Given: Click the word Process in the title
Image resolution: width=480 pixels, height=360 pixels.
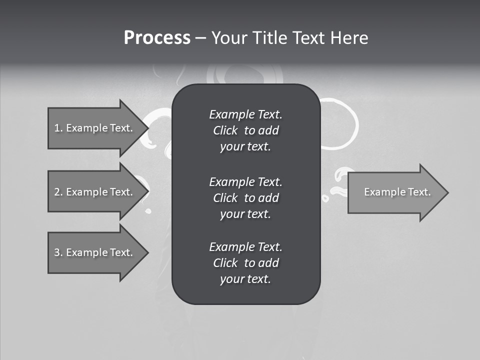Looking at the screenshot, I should pyautogui.click(x=157, y=38).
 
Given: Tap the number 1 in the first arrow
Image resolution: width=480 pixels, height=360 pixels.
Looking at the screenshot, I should pyautogui.click(x=57, y=128).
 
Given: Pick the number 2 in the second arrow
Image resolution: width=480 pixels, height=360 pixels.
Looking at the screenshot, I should pyautogui.click(x=57, y=192).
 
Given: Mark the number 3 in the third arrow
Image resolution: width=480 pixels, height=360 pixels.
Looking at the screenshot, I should pyautogui.click(x=57, y=252).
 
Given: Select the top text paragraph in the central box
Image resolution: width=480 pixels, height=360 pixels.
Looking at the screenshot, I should pyautogui.click(x=245, y=130).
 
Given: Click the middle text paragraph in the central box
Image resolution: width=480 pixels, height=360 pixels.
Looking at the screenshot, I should pyautogui.click(x=245, y=198).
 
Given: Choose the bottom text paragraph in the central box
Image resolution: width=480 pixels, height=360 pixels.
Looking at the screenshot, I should pyautogui.click(x=245, y=263).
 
